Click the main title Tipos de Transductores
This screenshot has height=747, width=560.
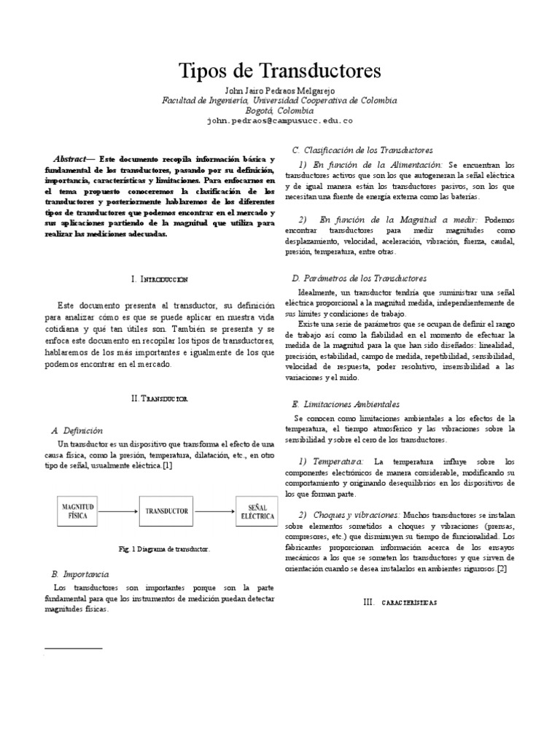[x=280, y=71]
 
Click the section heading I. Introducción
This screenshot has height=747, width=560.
[x=160, y=279]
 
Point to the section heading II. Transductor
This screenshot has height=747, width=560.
[x=160, y=400]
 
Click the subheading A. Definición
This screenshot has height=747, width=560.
[x=78, y=430]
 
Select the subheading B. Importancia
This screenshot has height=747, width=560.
[x=82, y=575]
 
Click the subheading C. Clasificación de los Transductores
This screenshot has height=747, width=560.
[x=362, y=149]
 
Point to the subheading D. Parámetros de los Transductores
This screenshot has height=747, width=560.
[x=359, y=278]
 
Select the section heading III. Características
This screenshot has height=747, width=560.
[x=400, y=602]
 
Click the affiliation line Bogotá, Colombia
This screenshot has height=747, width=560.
[x=280, y=110]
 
